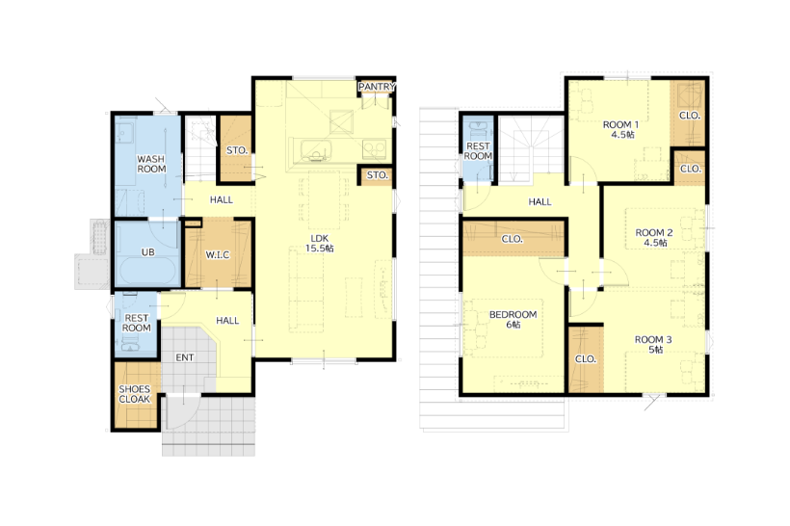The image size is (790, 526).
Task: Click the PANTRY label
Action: coord(377,87)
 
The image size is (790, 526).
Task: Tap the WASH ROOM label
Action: coord(151,164)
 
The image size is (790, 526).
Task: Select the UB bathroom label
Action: coord(147,251)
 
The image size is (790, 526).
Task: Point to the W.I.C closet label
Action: coord(218,255)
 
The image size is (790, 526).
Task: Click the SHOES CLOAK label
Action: coord(135,394)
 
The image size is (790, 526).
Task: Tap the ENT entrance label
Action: coord(185,357)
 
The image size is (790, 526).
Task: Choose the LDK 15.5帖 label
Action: coord(320,244)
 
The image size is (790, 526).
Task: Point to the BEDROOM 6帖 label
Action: coord(513,320)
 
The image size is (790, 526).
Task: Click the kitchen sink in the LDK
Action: coord(316,150)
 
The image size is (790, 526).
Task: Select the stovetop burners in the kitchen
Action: coord(375,149)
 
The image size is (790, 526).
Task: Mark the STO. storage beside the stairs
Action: coord(236,150)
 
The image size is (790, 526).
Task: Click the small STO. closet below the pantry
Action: coord(377,175)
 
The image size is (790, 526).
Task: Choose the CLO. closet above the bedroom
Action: coord(512,239)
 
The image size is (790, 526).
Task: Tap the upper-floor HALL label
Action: coord(540,201)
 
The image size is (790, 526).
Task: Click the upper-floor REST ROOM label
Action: coord(478,151)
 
